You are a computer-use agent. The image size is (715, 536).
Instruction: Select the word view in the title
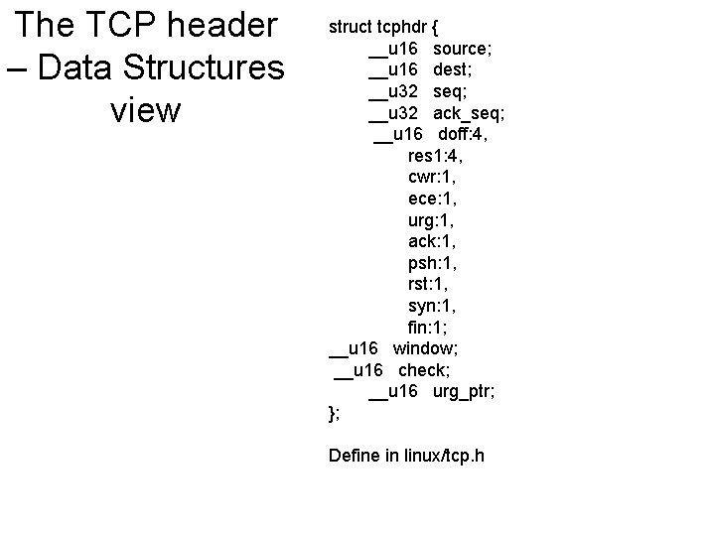pos(146,110)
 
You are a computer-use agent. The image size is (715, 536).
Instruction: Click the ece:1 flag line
pos(433,198)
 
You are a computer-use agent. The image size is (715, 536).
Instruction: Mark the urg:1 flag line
pos(432,219)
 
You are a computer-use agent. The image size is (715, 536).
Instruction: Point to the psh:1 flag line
pos(432,262)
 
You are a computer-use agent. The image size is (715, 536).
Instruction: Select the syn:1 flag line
pos(432,306)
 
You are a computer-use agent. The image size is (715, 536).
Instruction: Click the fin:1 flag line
pos(428,327)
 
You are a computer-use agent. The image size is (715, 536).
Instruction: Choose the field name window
pos(425,348)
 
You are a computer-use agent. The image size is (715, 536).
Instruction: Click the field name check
pos(424,370)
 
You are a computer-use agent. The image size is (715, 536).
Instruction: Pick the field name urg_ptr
pos(464,391)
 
